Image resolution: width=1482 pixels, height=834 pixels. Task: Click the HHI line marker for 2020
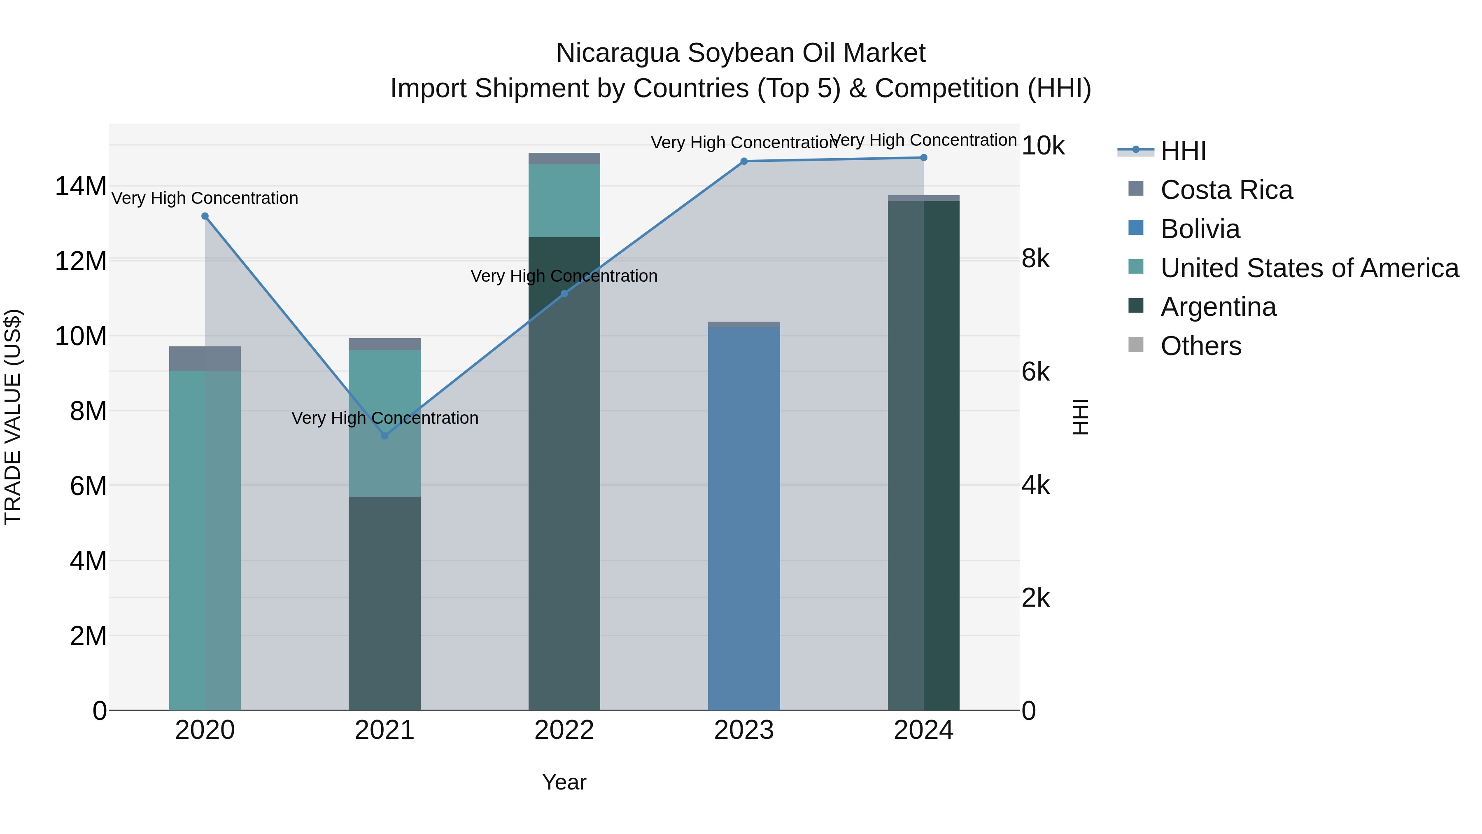pos(205,216)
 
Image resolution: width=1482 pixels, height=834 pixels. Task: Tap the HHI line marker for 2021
pos(385,436)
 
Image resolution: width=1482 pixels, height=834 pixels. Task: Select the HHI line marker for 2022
pos(564,294)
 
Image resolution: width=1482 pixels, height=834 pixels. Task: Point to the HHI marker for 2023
pos(744,161)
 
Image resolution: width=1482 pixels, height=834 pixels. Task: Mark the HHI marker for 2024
pos(924,158)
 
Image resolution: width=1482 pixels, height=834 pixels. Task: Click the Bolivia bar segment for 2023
pos(744,518)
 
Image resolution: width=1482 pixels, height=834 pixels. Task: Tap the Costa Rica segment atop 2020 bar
pos(205,359)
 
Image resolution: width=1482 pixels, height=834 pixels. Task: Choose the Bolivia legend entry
pos(1200,229)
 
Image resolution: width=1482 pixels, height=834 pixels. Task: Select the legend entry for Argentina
pos(1218,307)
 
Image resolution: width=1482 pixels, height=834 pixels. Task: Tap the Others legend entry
pos(1201,346)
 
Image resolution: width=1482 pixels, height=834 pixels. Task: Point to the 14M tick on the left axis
pos(81,187)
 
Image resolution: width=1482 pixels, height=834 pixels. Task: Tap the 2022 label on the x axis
pos(564,730)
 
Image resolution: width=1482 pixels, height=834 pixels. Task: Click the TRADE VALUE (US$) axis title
pos(13,417)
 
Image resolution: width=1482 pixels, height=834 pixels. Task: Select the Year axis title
pos(564,782)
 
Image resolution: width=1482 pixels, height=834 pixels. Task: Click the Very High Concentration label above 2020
pos(205,198)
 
